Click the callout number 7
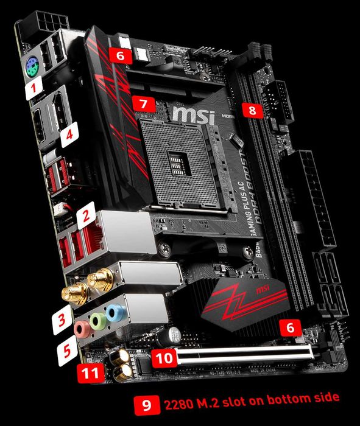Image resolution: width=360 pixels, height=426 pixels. coord(142,103)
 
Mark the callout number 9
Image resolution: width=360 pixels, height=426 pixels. coord(145,403)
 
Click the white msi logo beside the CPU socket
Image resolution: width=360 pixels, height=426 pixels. coord(194,115)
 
